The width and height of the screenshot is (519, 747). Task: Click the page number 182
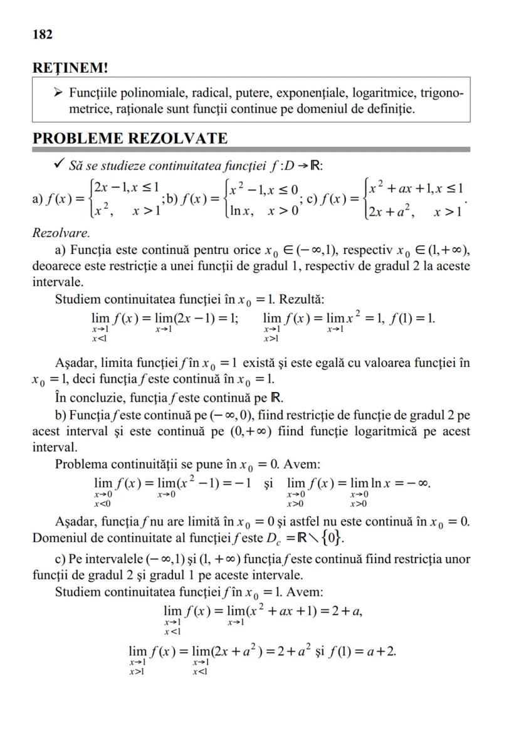42,34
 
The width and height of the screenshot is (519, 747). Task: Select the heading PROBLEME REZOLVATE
130,138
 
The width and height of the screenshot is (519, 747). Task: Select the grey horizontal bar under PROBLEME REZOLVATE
251,149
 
